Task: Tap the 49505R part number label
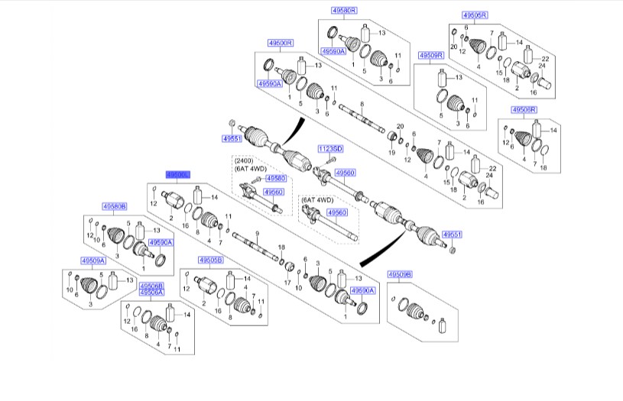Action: pyautogui.click(x=475, y=15)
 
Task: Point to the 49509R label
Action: pyautogui.click(x=431, y=55)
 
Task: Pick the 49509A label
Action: pyautogui.click(x=92, y=260)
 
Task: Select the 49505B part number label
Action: pyautogui.click(x=210, y=260)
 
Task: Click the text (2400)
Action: pyautogui.click(x=243, y=162)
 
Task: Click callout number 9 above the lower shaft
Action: pyautogui.click(x=258, y=232)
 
